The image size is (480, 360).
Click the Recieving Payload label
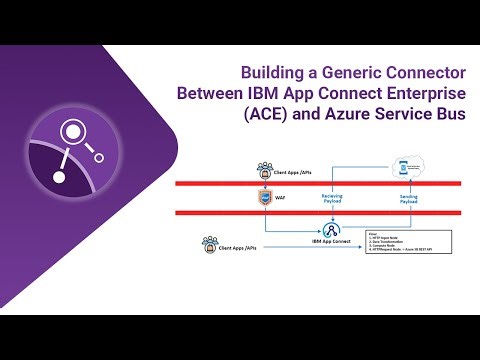click(332, 198)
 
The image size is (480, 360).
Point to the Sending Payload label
click(409, 198)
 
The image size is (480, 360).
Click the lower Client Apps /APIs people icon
click(210, 243)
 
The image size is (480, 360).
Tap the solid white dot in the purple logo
click(59, 177)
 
